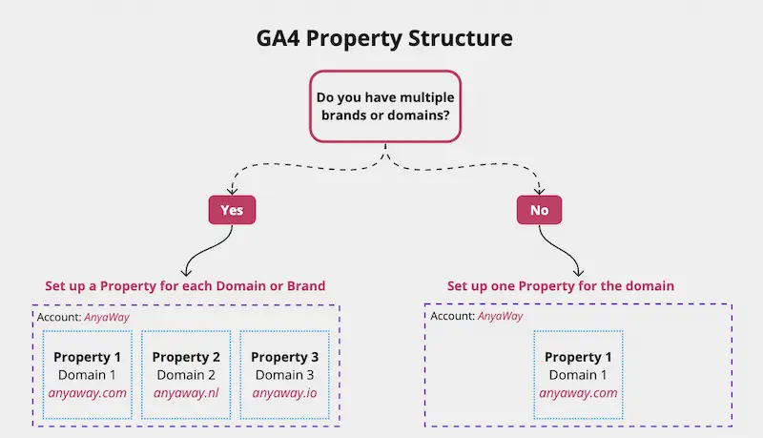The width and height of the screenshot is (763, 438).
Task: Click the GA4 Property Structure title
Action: point(384,38)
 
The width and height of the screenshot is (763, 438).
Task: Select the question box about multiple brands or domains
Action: point(385,107)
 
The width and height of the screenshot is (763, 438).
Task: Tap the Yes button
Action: point(232,210)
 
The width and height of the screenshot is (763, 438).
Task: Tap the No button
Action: point(539,210)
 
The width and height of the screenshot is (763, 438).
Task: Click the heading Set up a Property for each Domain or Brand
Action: point(185,285)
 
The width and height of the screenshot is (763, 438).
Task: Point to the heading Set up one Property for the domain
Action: point(561,285)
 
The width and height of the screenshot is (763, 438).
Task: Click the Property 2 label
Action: point(186,357)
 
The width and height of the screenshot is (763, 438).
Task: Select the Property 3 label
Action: point(284,357)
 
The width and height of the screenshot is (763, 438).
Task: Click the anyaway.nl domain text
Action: point(186,393)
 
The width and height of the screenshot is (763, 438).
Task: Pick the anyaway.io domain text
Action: point(284,393)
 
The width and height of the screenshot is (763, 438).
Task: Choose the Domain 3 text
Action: point(284,375)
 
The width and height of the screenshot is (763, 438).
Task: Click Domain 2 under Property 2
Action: point(186,375)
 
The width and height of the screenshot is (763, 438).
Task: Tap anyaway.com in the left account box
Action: point(87,393)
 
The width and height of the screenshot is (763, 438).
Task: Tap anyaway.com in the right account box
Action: point(578,393)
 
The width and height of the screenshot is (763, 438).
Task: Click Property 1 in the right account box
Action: point(578,357)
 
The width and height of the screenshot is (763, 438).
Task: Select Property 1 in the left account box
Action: point(87,357)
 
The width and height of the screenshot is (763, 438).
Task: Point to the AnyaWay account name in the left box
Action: point(107,318)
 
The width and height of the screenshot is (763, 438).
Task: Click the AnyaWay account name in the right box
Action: point(500,317)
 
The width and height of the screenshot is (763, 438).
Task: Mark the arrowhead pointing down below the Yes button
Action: point(186,272)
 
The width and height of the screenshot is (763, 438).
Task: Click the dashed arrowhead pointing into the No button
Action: point(539,190)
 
